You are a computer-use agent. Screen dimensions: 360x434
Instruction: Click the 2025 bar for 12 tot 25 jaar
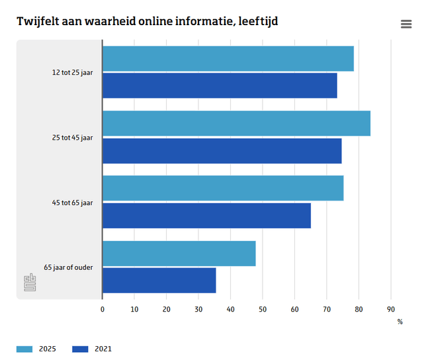click(x=228, y=59)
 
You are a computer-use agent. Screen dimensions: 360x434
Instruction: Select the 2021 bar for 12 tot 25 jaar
click(x=220, y=85)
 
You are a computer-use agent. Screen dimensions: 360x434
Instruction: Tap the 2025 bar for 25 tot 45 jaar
click(x=236, y=124)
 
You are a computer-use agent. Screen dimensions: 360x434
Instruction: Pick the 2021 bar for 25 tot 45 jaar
click(x=222, y=150)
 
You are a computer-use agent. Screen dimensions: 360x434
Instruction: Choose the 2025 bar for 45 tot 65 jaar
click(x=223, y=189)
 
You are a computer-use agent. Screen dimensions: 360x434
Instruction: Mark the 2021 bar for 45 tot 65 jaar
click(x=206, y=215)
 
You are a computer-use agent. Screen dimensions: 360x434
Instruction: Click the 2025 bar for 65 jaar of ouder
click(x=179, y=253)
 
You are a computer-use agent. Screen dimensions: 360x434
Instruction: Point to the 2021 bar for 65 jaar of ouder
click(x=159, y=280)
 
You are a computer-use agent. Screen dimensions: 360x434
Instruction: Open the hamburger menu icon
click(x=406, y=24)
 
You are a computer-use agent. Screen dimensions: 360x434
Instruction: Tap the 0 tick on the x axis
click(x=103, y=309)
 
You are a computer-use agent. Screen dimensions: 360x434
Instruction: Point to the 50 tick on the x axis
click(x=263, y=309)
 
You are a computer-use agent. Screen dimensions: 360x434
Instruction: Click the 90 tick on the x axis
click(x=390, y=309)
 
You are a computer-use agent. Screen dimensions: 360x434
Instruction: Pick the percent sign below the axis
click(x=400, y=322)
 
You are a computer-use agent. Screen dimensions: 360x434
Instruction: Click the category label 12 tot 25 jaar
click(x=72, y=73)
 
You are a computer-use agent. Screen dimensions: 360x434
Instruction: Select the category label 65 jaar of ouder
click(x=68, y=267)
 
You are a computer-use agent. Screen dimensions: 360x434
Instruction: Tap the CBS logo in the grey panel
click(x=30, y=283)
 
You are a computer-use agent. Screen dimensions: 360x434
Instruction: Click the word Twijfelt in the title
click(x=37, y=21)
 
